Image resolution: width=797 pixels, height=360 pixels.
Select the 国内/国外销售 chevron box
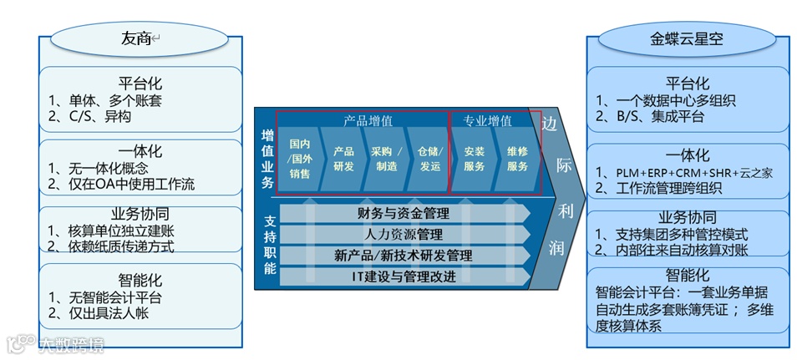(x=299, y=159)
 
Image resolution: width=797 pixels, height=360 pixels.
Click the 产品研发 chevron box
(x=343, y=159)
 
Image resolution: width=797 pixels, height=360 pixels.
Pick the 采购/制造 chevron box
(x=386, y=159)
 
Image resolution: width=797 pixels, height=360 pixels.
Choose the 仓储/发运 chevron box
(x=429, y=159)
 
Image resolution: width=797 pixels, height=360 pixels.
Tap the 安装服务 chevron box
(x=475, y=159)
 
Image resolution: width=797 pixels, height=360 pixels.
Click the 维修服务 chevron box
(x=518, y=159)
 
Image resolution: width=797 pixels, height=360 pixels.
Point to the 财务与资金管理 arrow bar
(x=404, y=214)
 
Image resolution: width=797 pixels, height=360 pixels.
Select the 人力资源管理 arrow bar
(x=404, y=235)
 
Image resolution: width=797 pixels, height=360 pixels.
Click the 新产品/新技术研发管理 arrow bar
(x=404, y=256)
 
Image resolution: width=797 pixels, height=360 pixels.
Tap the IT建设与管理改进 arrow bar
(x=404, y=276)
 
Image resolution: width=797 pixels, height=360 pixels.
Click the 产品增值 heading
(x=368, y=121)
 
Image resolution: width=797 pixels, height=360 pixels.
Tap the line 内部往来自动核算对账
(x=677, y=250)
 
